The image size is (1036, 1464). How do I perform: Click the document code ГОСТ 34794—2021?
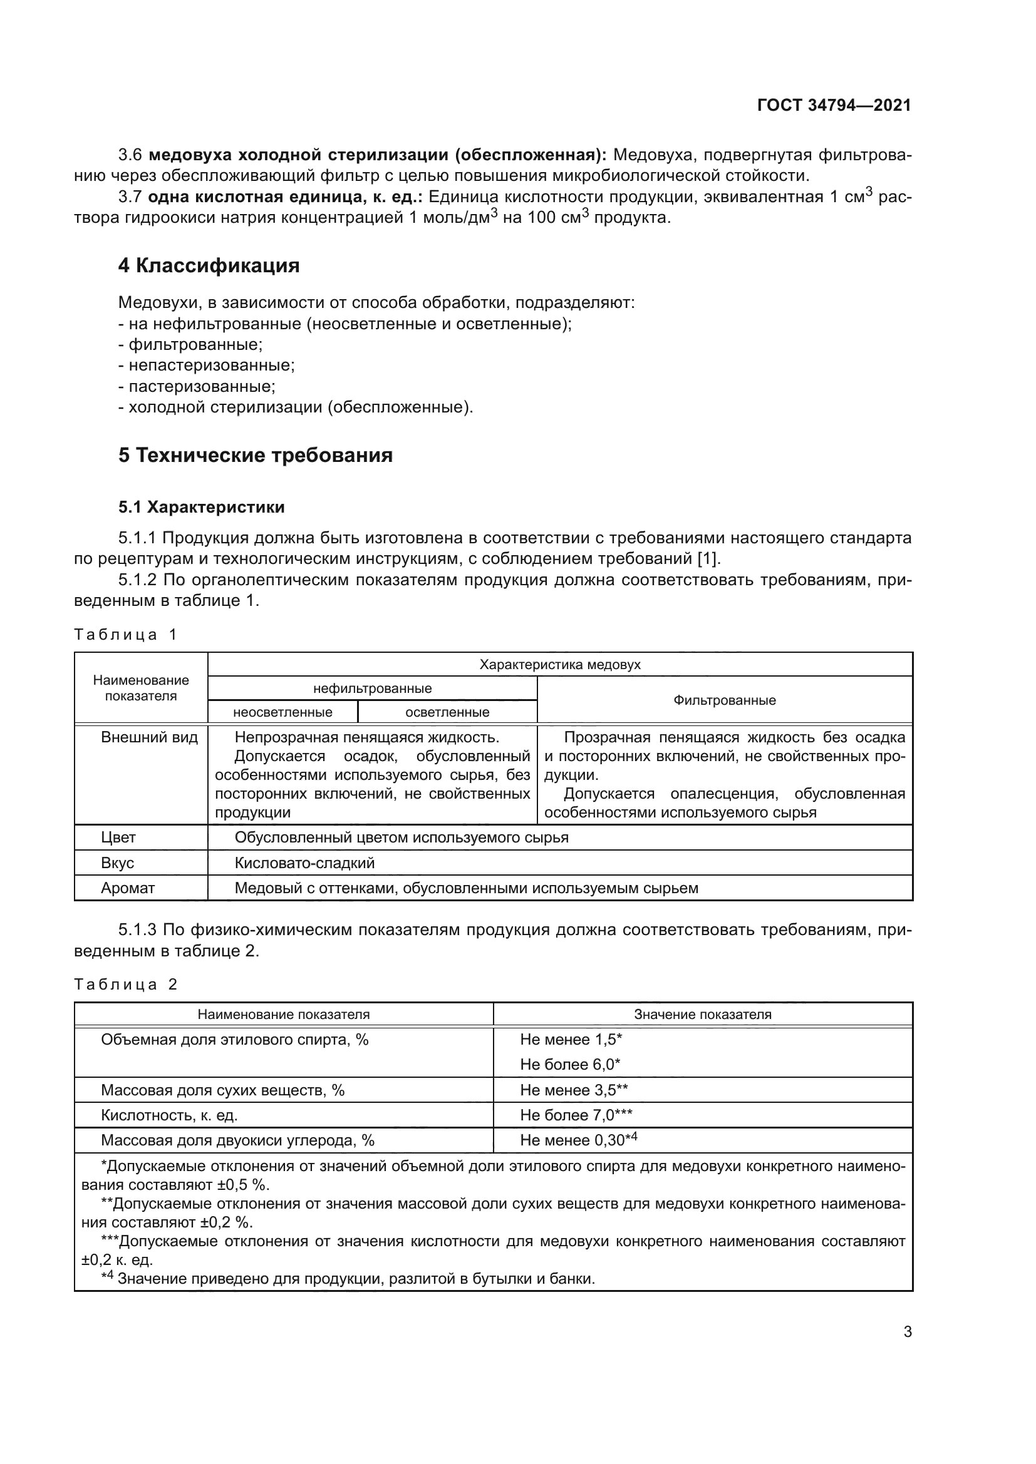(x=834, y=106)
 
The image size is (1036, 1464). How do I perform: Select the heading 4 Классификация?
(x=209, y=266)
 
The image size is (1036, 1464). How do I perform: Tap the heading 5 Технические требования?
(x=255, y=456)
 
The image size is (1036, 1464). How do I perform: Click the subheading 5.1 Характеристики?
(x=201, y=508)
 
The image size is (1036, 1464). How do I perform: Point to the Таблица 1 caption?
(x=125, y=635)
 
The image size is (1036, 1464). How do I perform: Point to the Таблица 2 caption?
(x=125, y=985)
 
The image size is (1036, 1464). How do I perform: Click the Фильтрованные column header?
(x=724, y=700)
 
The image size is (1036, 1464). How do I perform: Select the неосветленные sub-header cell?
(x=282, y=712)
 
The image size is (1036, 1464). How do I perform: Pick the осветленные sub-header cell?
(x=447, y=712)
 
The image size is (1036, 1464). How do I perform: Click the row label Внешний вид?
(x=149, y=738)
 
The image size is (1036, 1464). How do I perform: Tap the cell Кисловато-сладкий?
(x=304, y=863)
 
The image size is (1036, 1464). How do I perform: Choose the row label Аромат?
(x=128, y=888)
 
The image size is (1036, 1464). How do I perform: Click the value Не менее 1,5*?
(x=571, y=1040)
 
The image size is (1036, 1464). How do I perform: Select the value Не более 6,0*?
(x=569, y=1065)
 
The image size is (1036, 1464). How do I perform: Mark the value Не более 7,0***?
(x=576, y=1115)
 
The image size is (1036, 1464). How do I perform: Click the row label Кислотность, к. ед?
(x=169, y=1115)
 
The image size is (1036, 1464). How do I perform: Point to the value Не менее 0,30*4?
(x=578, y=1140)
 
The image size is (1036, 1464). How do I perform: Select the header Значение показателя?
(x=702, y=1015)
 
